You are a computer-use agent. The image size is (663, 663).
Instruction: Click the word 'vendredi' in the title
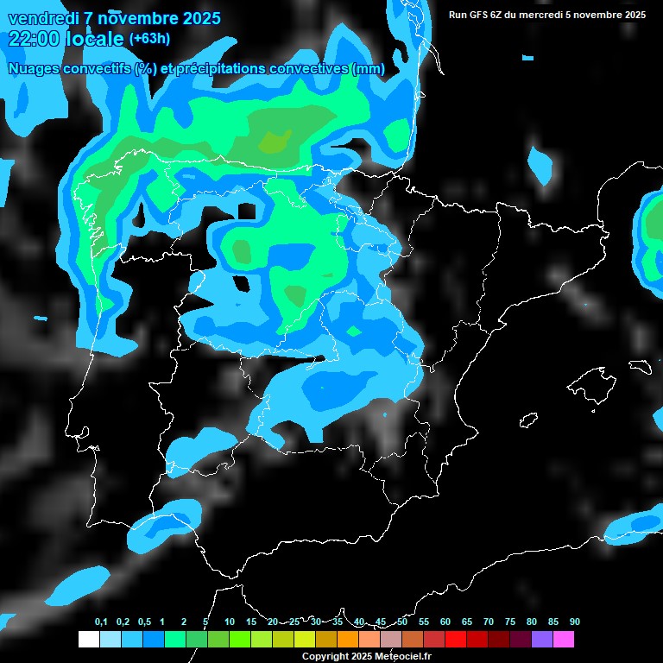43,18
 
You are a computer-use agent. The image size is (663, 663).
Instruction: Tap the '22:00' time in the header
34,38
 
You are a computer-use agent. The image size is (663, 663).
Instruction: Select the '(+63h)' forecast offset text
149,38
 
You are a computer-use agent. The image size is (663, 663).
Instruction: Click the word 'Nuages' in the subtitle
34,69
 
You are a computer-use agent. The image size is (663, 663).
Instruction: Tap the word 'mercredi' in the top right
559,15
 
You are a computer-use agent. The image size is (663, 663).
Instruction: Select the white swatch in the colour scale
88,640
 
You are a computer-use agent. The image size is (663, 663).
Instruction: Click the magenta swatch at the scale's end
564,640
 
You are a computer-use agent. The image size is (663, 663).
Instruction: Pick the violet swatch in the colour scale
542,640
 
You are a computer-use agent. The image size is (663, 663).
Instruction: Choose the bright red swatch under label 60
456,640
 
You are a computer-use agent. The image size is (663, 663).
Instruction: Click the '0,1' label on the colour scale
101,622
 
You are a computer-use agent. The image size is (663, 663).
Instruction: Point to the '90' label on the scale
574,622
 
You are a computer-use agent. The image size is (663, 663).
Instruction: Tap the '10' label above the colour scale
229,622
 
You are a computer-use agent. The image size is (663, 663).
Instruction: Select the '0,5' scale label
143,622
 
